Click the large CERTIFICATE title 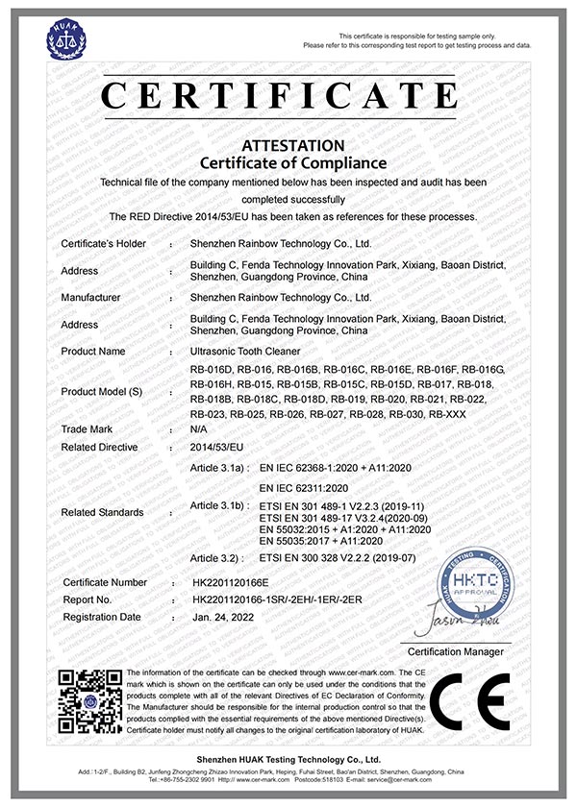coord(289,96)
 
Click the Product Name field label coord(93,352)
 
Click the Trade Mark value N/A coord(200,428)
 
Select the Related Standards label coord(102,512)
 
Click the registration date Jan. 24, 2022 coord(229,617)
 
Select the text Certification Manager coord(464,652)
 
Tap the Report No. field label coord(89,599)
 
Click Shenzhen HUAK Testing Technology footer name coord(288,760)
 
